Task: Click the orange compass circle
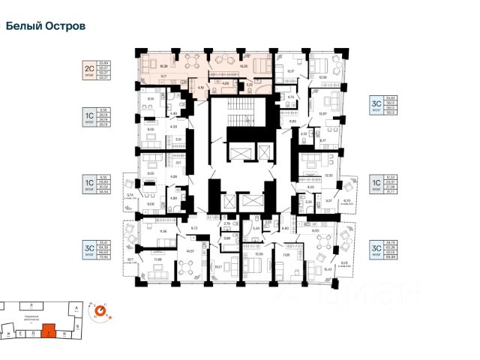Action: pyautogui.click(x=98, y=310)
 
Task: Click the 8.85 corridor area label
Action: pyautogui.click(x=293, y=121)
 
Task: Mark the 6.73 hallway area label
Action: pyautogui.click(x=193, y=228)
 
